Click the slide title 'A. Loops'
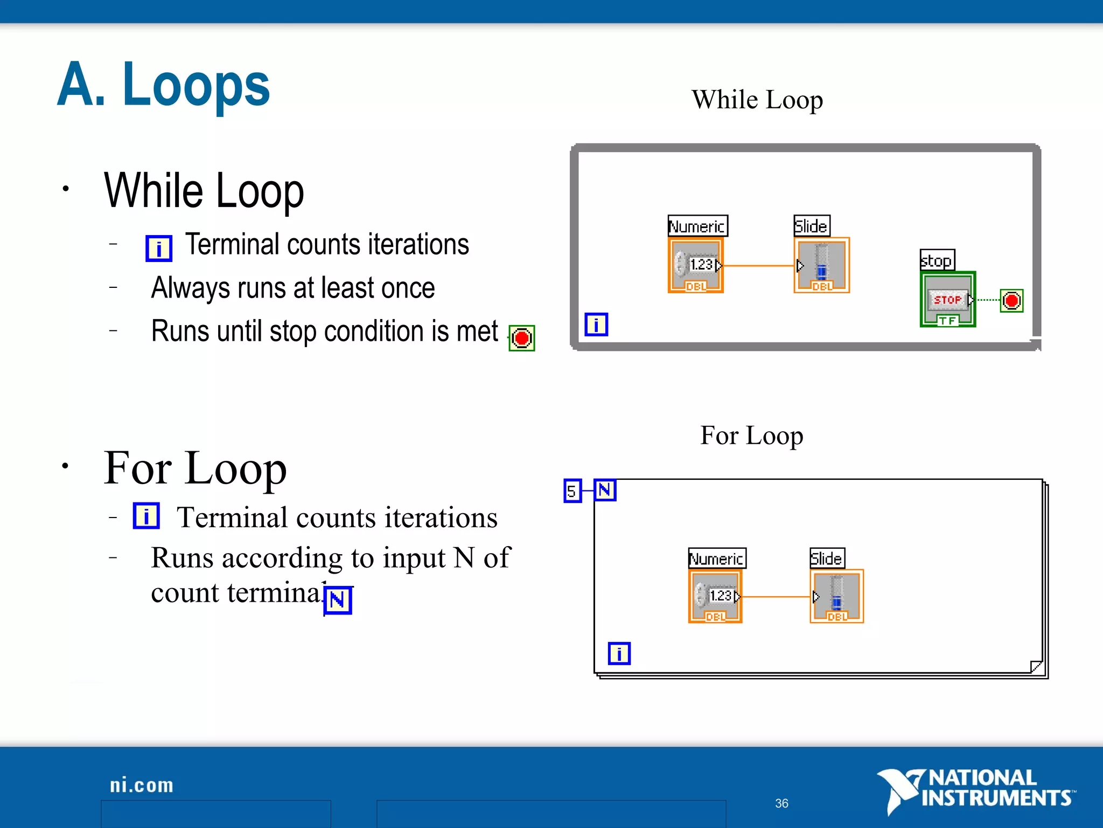(x=163, y=85)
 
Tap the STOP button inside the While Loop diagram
(x=947, y=300)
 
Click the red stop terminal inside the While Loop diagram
(x=1011, y=300)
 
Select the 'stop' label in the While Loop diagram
(x=937, y=260)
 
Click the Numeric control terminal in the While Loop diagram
(x=695, y=265)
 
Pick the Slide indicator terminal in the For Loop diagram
(x=836, y=596)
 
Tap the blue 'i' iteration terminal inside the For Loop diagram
(x=619, y=653)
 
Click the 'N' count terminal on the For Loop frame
(x=605, y=490)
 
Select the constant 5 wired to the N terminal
(x=572, y=491)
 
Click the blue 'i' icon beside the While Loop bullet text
(x=159, y=249)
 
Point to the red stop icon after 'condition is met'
(x=521, y=338)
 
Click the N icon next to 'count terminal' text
(x=338, y=600)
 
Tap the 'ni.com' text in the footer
(x=142, y=785)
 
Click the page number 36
(x=781, y=803)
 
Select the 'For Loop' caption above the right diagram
(x=751, y=436)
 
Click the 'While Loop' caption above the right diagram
(x=757, y=100)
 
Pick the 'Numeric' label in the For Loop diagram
(x=717, y=558)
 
